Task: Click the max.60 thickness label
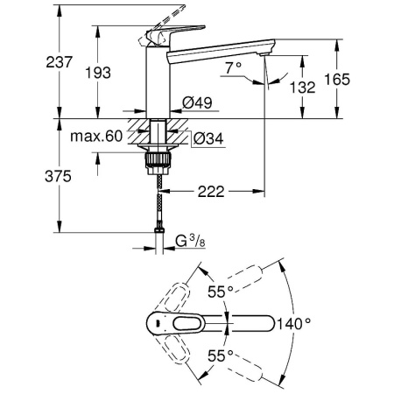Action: (x=95, y=137)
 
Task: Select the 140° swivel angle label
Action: (x=295, y=323)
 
